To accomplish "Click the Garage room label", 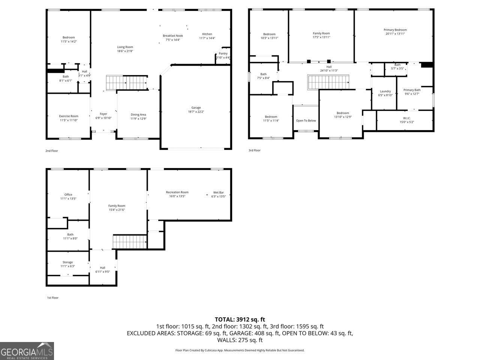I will tap(196, 108).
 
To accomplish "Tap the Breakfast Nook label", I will tap(172, 36).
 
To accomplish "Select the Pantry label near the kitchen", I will tap(223, 54).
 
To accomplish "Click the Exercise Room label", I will tap(69, 116).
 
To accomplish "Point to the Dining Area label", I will tap(138, 115).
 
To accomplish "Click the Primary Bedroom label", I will tap(395, 30).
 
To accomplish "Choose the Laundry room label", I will tap(385, 91).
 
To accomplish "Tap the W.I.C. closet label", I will tap(407, 118).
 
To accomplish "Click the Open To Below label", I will tap(306, 120).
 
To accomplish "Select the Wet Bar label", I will tap(219, 192).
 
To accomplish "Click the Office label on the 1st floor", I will tap(68, 195).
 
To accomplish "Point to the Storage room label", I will tap(68, 262).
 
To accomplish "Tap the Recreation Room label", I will tap(177, 192).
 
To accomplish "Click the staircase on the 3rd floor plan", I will tap(329, 82).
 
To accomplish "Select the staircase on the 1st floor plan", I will tap(129, 242).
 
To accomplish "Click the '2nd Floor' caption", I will tap(52, 151).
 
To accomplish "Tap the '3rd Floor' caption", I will tap(254, 150).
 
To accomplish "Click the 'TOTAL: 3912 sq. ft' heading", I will tap(240, 319).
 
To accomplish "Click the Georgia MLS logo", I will tap(27, 351).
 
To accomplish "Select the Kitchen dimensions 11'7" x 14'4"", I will tap(207, 38).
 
